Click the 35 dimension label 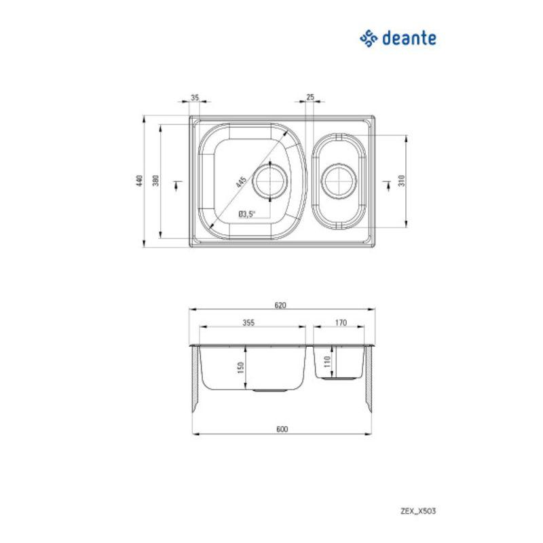[194, 98]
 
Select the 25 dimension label [310, 98]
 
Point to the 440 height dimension [139, 181]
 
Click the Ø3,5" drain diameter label [246, 214]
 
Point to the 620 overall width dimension [280, 305]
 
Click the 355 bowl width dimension [248, 323]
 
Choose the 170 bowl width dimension [341, 323]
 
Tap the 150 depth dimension [240, 367]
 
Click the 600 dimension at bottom [282, 428]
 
